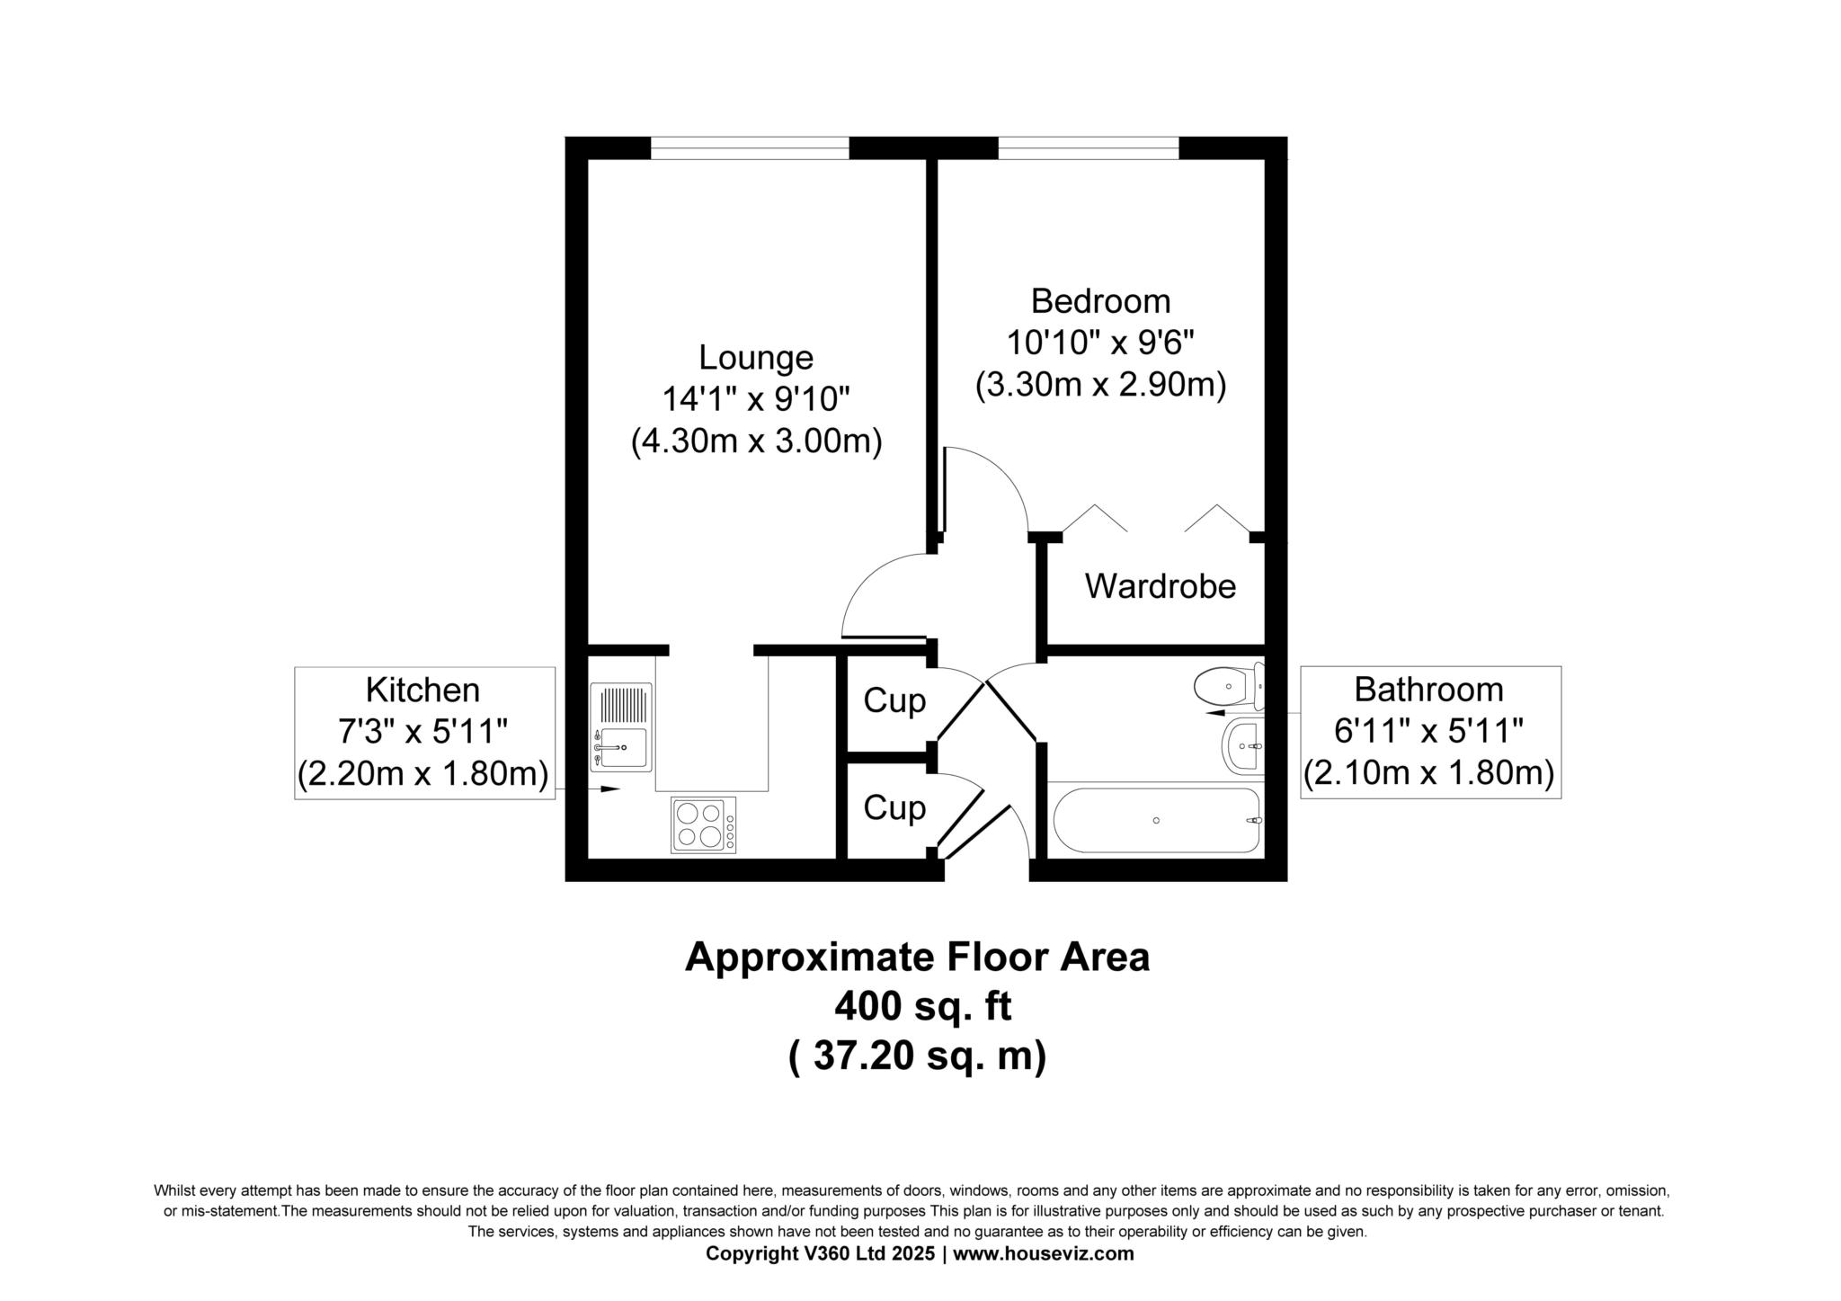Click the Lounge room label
(756, 358)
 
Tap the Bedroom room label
(1100, 300)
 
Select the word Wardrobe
(1161, 586)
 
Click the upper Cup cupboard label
(894, 700)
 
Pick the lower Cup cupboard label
(894, 807)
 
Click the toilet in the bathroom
(1229, 687)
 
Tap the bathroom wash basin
(1243, 746)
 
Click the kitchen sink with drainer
(621, 727)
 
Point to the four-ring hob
(703, 824)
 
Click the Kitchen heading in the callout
(422, 690)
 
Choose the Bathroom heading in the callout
(1428, 690)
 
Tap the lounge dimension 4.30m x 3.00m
(756, 441)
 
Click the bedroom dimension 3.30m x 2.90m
(1100, 385)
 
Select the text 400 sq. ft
(922, 1006)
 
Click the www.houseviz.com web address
(1044, 1253)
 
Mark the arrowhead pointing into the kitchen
(610, 789)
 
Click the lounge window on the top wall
(750, 147)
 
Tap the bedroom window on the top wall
(1089, 147)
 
